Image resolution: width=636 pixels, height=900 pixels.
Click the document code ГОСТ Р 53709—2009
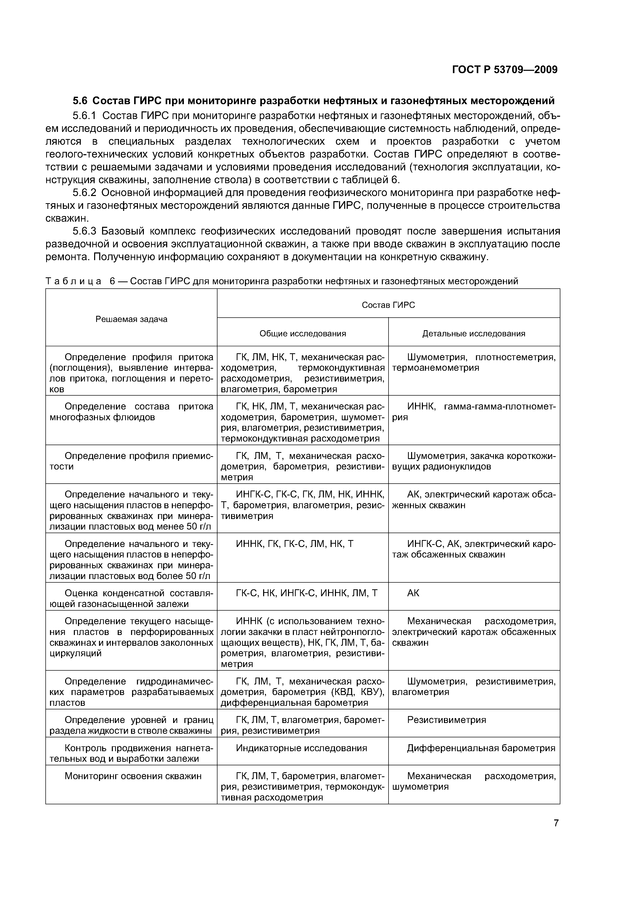tap(505, 70)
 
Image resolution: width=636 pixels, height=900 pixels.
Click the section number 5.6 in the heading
tap(81, 101)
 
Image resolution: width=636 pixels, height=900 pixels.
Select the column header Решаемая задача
tap(131, 319)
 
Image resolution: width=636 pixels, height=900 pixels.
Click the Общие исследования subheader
tap(303, 334)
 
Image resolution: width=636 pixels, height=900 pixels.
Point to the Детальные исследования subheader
tap(474, 334)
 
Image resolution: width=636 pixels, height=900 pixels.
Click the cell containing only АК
tap(413, 593)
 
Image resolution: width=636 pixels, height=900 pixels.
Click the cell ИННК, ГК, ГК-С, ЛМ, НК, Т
tap(295, 544)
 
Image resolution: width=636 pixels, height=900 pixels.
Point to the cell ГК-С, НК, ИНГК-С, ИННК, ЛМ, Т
tap(306, 593)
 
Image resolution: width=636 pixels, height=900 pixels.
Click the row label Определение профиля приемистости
tap(131, 461)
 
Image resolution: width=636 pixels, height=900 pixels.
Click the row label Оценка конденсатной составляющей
tap(131, 598)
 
